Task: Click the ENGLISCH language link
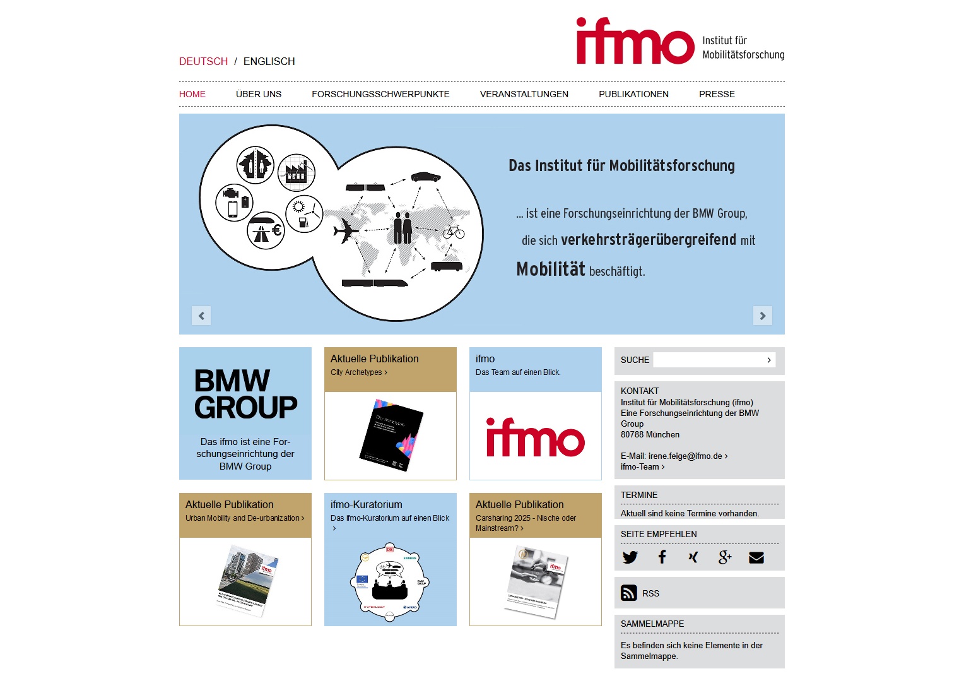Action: coord(269,61)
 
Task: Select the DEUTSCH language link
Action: coord(203,61)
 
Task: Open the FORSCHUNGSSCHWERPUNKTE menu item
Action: coord(380,94)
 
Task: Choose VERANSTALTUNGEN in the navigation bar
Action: coord(524,94)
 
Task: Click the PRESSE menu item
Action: coord(717,94)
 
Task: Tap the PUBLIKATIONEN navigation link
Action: coord(633,94)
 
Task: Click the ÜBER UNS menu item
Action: coord(259,94)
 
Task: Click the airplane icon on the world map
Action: coord(346,230)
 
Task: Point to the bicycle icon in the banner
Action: coord(453,232)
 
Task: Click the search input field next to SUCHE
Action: coord(709,360)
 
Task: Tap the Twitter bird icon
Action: coord(630,557)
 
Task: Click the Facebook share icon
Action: coord(662,557)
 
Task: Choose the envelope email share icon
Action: coord(756,557)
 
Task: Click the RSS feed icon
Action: coord(628,593)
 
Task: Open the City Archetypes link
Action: coord(358,372)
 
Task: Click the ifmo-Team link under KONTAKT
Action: coord(642,466)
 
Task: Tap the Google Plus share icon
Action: coord(724,557)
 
